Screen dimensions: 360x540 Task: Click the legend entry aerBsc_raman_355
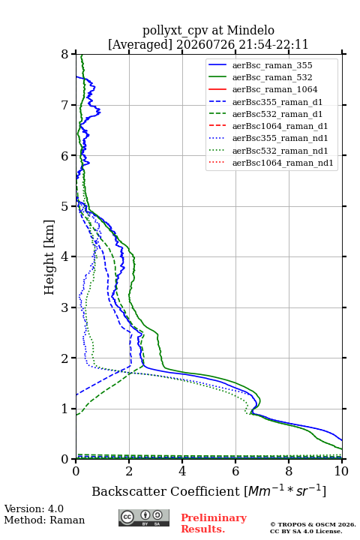[272, 65]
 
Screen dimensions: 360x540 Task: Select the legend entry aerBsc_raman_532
[272, 77]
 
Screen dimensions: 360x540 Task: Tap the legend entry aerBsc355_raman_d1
[277, 102]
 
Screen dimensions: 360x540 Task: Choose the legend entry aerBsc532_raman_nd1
[280, 151]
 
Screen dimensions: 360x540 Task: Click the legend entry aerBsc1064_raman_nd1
[283, 163]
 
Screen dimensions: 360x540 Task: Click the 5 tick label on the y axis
[64, 207]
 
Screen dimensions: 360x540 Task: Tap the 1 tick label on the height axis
[64, 409]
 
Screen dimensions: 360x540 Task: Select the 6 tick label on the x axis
[235, 471]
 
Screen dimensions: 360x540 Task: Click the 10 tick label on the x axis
[341, 471]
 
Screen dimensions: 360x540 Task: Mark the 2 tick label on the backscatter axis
[129, 471]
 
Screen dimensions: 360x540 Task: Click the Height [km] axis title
[49, 257]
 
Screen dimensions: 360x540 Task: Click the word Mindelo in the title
[250, 30]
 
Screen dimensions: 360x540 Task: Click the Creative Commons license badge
[144, 517]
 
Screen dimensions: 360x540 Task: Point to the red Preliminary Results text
[214, 523]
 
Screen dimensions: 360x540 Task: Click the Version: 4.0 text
[34, 508]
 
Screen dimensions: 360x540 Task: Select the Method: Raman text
[44, 520]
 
